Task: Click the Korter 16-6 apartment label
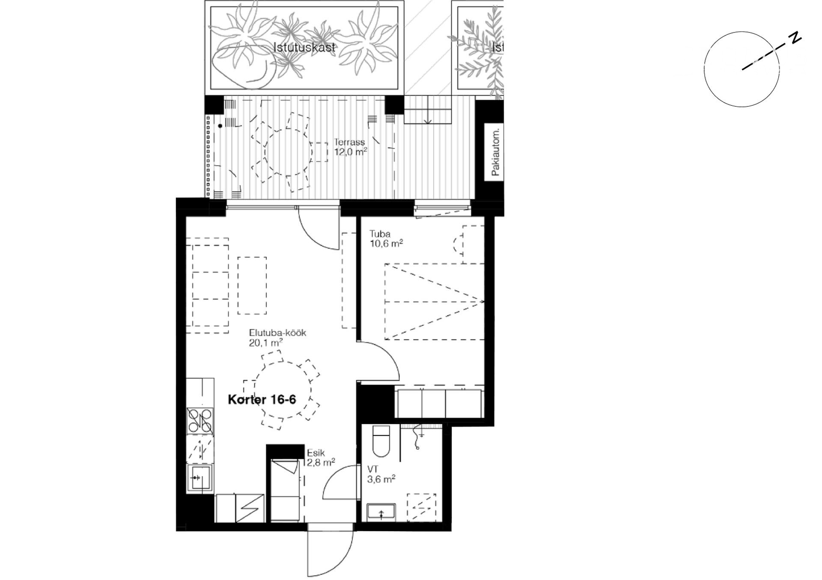[x=262, y=400]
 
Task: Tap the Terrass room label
[x=349, y=142]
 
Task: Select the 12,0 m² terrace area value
[x=351, y=152]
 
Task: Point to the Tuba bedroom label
[x=380, y=234]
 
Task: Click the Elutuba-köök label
[x=278, y=333]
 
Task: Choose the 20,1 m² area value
[x=265, y=342]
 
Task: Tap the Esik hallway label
[x=316, y=453]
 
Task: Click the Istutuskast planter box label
[x=304, y=47]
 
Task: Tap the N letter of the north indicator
[x=795, y=38]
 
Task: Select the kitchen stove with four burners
[x=200, y=420]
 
